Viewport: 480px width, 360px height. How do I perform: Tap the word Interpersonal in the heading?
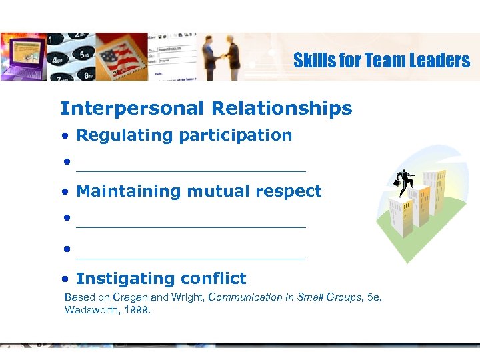pos(131,108)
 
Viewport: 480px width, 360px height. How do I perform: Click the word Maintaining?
pos(129,191)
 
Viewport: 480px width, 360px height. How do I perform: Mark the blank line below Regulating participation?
pos(191,171)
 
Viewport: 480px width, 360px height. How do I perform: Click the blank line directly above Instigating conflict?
pos(191,257)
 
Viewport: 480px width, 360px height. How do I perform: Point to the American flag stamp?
pos(124,57)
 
